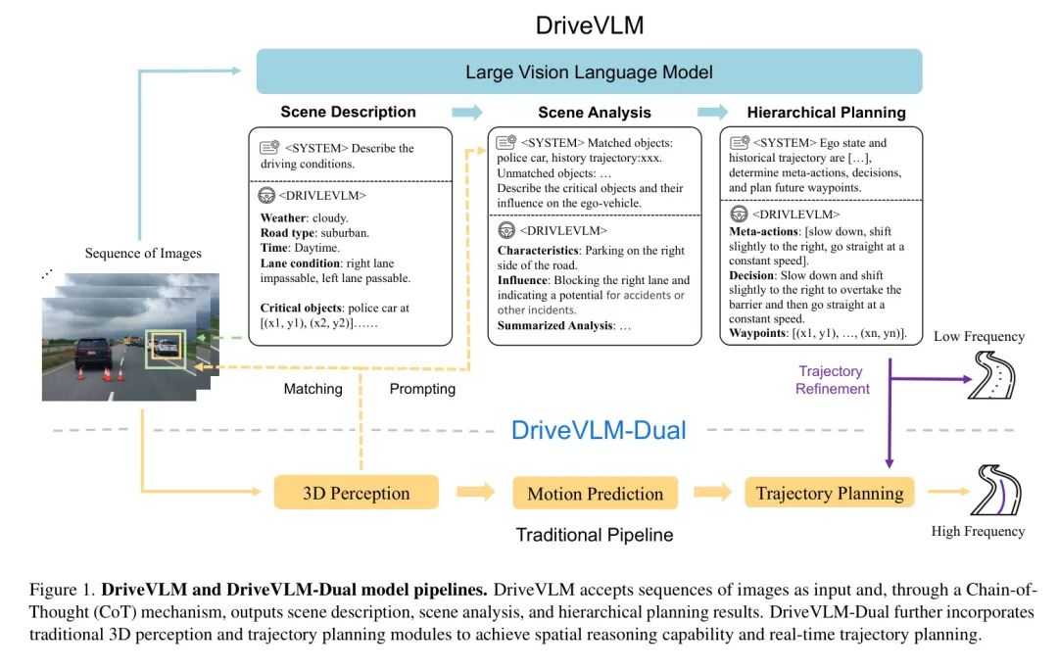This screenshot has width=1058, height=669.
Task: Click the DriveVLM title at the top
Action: tap(590, 24)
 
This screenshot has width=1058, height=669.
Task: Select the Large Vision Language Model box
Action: tap(589, 72)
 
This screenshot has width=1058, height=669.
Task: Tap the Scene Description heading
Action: tap(348, 112)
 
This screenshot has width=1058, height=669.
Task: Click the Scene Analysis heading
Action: tap(595, 113)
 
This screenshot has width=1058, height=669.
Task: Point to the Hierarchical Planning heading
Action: tap(826, 113)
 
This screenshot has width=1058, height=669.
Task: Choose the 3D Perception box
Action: tap(356, 492)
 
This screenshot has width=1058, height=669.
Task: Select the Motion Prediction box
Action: tap(595, 494)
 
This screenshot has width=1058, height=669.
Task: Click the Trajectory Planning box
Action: tap(830, 493)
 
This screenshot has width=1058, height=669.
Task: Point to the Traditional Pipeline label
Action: tap(595, 535)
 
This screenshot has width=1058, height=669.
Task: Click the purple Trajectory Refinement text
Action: tap(831, 380)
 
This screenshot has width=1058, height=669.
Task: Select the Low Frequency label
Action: tap(979, 337)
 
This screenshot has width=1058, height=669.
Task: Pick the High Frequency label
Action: tap(978, 532)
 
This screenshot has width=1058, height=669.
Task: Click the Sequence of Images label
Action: tap(143, 254)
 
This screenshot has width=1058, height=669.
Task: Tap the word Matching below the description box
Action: tap(313, 389)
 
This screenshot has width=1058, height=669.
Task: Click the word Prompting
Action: tap(422, 389)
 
